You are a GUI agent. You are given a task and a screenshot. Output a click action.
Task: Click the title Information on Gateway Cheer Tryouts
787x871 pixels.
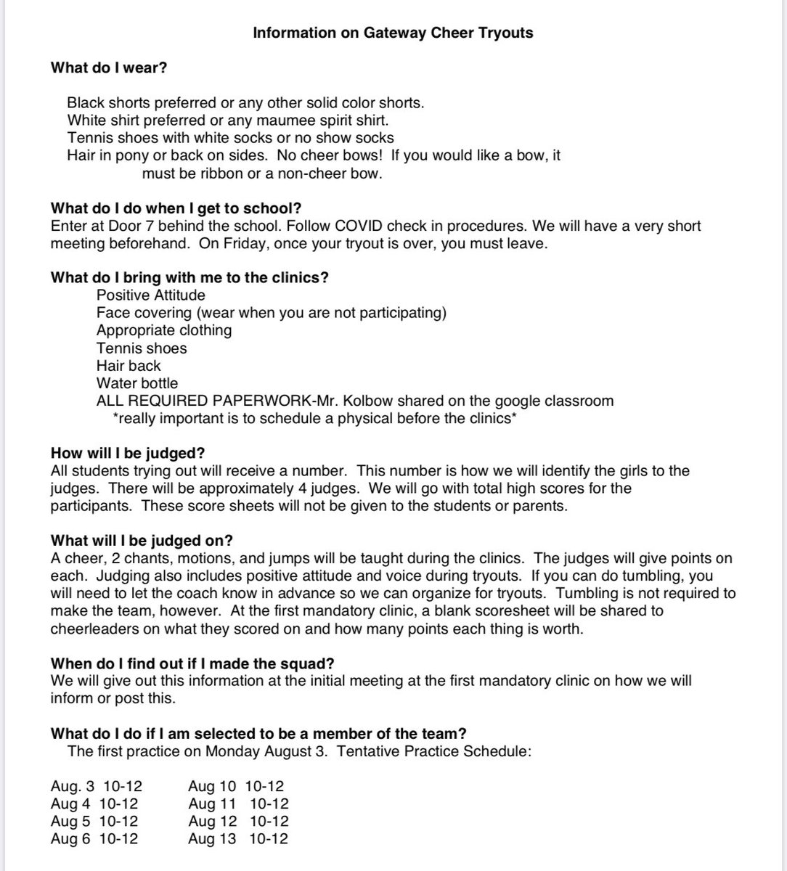click(392, 33)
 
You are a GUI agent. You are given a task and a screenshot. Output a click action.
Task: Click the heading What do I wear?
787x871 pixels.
click(102, 68)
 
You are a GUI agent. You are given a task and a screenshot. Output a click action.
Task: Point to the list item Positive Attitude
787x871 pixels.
click(150, 295)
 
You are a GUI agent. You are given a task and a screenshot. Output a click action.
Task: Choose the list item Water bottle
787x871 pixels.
click(136, 383)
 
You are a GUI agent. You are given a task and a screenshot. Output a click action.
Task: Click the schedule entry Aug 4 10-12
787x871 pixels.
click(94, 803)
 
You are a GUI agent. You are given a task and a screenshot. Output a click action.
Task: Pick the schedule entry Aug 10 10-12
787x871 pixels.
click(236, 786)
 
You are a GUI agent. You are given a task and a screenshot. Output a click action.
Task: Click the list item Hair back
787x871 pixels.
click(129, 366)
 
